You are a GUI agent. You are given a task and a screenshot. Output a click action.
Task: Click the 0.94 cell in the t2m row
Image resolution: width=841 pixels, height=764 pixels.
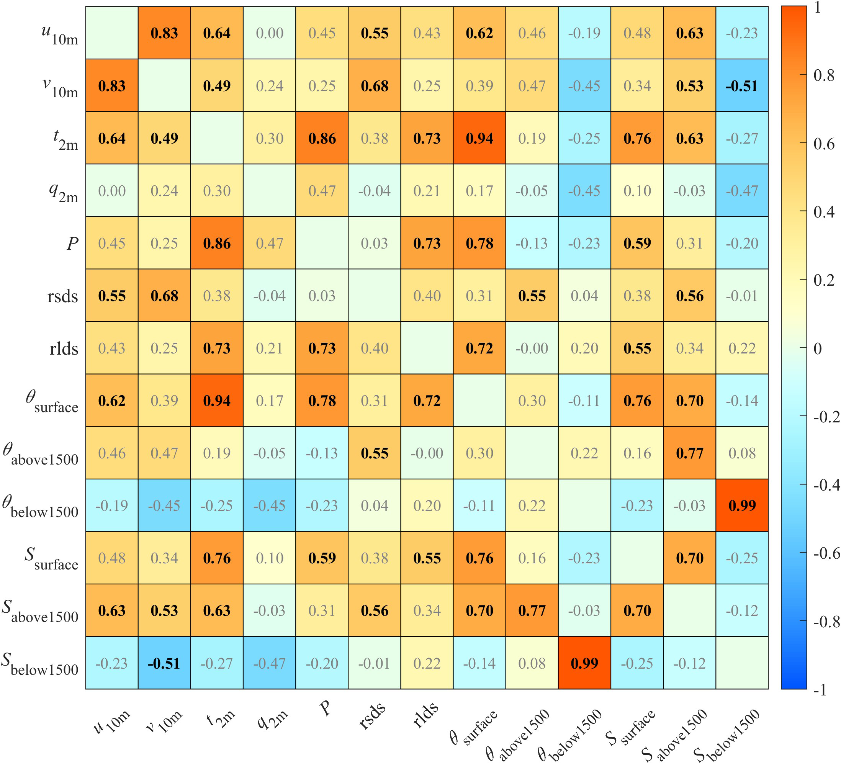click(x=479, y=138)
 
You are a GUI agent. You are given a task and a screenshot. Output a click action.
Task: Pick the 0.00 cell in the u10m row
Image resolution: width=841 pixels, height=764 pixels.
click(x=270, y=33)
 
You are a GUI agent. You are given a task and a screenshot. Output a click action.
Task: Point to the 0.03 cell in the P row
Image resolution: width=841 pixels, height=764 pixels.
click(x=374, y=243)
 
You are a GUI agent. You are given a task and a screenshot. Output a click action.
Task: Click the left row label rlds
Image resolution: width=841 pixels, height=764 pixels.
click(x=64, y=348)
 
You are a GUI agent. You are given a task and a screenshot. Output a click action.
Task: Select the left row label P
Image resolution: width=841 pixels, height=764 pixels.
click(x=72, y=243)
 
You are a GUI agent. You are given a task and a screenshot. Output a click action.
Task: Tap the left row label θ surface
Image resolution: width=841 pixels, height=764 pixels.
click(x=52, y=401)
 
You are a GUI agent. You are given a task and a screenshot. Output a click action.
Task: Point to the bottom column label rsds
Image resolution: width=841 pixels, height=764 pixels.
click(x=372, y=715)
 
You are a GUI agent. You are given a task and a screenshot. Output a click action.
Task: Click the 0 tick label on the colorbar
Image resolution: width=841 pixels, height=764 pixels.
click(x=818, y=348)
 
